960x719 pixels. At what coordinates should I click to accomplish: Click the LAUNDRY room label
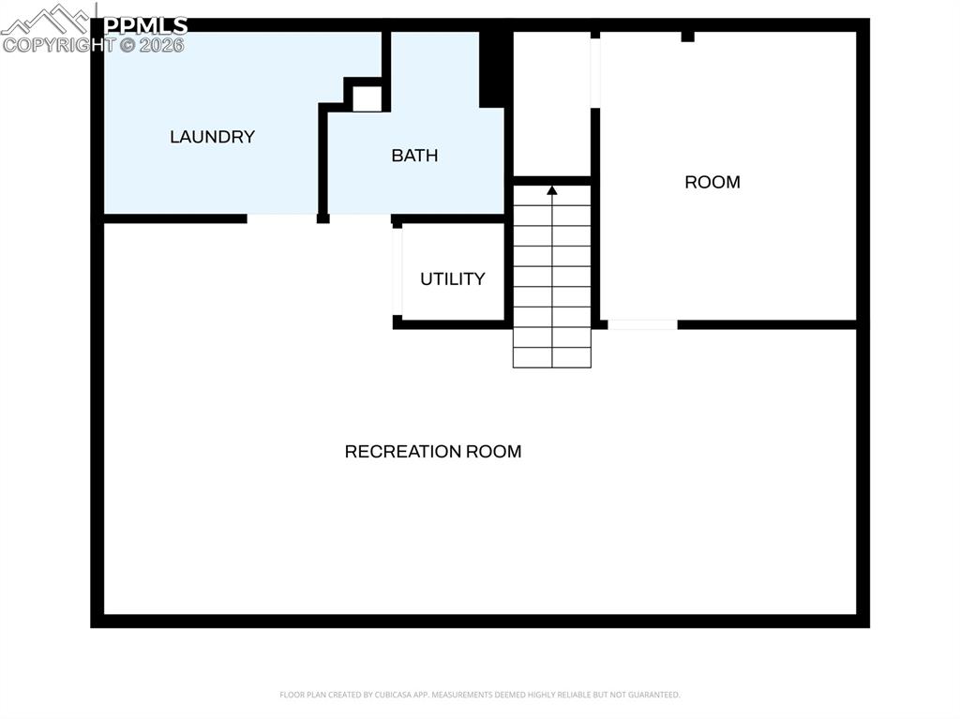click(212, 137)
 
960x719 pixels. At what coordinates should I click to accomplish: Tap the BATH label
click(414, 156)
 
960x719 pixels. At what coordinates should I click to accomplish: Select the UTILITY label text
click(452, 279)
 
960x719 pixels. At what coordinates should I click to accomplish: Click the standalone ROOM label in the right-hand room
click(712, 183)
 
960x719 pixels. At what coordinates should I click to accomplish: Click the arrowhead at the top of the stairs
click(552, 190)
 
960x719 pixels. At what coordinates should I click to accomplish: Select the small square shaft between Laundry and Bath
click(367, 98)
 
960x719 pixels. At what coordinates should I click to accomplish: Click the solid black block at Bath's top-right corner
click(493, 68)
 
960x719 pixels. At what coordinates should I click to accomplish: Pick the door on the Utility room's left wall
click(397, 272)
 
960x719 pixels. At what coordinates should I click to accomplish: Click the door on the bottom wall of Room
click(642, 324)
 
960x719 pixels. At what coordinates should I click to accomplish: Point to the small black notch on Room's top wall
click(687, 37)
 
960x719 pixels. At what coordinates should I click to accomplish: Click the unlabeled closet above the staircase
click(551, 103)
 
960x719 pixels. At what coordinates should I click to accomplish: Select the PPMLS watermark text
click(145, 25)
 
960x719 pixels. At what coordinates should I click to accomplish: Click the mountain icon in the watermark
click(47, 20)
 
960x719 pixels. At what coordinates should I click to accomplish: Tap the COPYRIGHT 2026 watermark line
click(94, 44)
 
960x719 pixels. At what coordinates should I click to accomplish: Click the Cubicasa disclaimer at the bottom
click(480, 695)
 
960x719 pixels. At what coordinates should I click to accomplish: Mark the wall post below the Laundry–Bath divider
click(322, 218)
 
